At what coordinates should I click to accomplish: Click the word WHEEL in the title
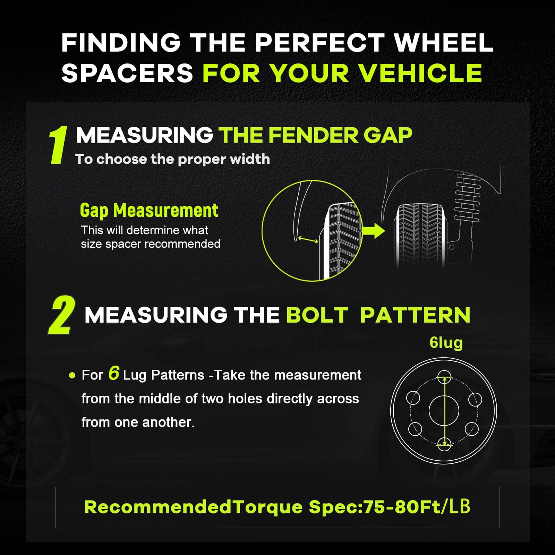(444, 43)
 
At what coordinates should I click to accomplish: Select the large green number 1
(58, 145)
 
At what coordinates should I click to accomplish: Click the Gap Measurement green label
(149, 211)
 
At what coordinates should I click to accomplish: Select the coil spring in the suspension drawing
(468, 197)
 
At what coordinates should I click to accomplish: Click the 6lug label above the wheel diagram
(446, 343)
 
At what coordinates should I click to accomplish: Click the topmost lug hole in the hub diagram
(444, 377)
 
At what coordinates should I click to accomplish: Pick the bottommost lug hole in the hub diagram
(444, 444)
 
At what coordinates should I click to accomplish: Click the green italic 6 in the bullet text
(113, 373)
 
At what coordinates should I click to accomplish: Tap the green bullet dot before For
(72, 375)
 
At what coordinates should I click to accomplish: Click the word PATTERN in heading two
(415, 315)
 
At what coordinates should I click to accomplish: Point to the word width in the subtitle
(250, 159)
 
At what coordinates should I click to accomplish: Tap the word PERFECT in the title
(319, 43)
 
